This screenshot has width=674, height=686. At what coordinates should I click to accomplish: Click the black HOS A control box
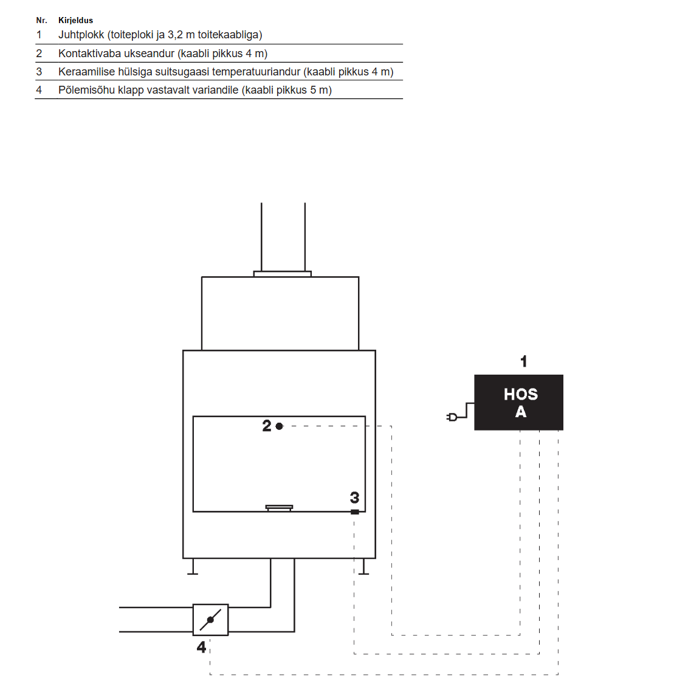[x=519, y=403]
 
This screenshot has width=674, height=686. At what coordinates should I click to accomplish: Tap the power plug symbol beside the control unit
[x=452, y=417]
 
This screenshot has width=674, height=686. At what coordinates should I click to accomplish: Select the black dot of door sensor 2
[x=280, y=426]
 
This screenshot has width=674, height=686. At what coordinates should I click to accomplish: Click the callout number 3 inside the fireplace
[x=354, y=497]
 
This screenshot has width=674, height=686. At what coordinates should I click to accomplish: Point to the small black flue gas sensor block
[x=355, y=512]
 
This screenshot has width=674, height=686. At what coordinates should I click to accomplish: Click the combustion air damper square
[x=211, y=620]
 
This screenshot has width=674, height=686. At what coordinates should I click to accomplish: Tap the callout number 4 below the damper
[x=201, y=646]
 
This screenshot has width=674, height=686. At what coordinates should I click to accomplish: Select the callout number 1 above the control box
[x=524, y=361]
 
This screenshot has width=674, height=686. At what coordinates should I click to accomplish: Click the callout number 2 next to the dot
[x=267, y=426]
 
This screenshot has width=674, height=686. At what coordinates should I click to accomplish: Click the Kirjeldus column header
[x=75, y=20]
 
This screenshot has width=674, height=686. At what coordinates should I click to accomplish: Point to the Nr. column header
[x=41, y=20]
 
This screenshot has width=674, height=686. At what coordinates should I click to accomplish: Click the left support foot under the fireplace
[x=192, y=566]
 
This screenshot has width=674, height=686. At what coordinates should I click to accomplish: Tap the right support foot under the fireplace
[x=363, y=566]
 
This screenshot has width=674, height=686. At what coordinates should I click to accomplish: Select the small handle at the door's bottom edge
[x=280, y=508]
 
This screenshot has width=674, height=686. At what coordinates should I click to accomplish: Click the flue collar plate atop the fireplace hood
[x=283, y=274]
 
